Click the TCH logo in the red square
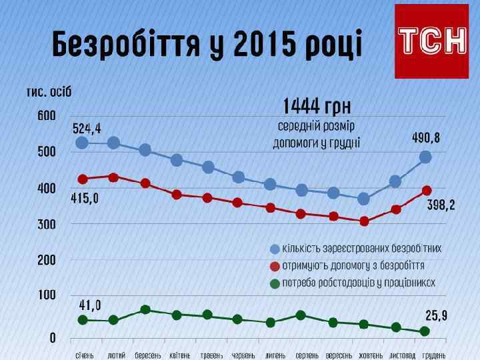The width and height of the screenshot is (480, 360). pyautogui.click(x=432, y=41)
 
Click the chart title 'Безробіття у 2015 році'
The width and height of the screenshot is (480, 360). pyautogui.click(x=207, y=45)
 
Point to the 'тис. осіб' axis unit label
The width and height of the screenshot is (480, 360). pyautogui.click(x=49, y=91)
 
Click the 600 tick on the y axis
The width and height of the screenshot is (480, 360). pyautogui.click(x=46, y=116)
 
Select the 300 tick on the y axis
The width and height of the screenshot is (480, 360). pyautogui.click(x=46, y=225)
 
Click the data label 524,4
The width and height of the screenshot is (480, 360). pyautogui.click(x=91, y=127)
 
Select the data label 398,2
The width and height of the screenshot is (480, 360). pyautogui.click(x=441, y=207)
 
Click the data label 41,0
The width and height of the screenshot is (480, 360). pyautogui.click(x=90, y=305)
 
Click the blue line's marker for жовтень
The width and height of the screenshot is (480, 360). pyautogui.click(x=364, y=199)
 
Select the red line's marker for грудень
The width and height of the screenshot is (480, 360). pyautogui.click(x=426, y=191)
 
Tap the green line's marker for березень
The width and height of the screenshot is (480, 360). pyautogui.click(x=145, y=310)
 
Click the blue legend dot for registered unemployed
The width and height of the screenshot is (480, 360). pyautogui.click(x=274, y=249)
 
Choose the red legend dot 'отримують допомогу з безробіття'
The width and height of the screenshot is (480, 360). pyautogui.click(x=274, y=266)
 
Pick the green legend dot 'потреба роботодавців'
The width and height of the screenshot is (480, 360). pyautogui.click(x=274, y=283)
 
